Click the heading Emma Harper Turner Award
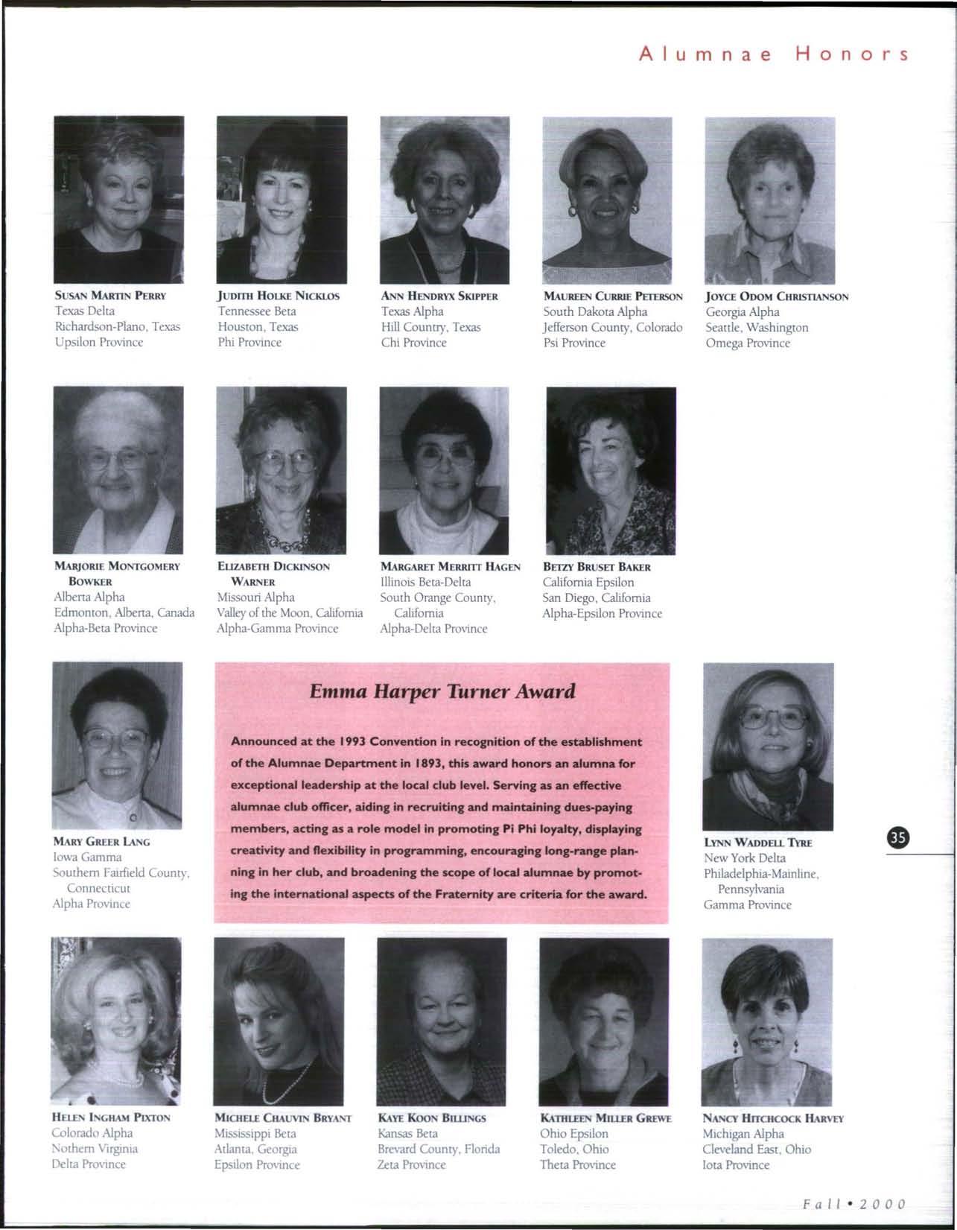point(442,691)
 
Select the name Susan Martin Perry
point(110,296)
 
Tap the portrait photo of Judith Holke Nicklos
point(282,199)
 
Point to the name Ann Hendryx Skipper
point(439,296)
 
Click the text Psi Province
point(574,343)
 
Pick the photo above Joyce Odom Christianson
point(769,200)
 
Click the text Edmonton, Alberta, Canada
point(124,612)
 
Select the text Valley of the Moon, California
point(290,612)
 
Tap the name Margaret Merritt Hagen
point(450,566)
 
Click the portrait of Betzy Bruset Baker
point(611,470)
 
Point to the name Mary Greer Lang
point(101,841)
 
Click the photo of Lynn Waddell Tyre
point(768,746)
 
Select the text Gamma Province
point(748,904)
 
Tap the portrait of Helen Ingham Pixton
point(116,1021)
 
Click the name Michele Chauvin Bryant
point(283,1118)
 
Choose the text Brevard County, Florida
point(439,1149)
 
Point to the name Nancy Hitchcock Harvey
point(773,1118)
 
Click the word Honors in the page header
point(852,54)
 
